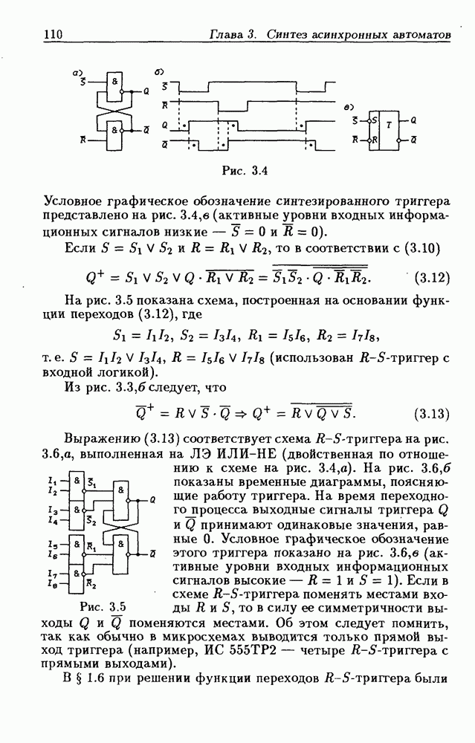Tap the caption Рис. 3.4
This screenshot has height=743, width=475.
[245, 170]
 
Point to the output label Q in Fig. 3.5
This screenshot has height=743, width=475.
[152, 499]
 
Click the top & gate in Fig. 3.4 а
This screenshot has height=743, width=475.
[114, 83]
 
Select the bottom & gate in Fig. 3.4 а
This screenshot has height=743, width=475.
[114, 129]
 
